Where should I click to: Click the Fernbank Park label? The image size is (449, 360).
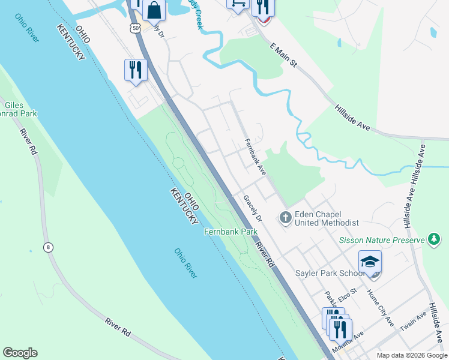tap(231, 232)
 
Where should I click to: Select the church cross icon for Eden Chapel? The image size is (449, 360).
tap(286, 217)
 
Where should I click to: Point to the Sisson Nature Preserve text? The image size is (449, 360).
tap(381, 240)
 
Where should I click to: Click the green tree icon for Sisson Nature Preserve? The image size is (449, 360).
tap(433, 239)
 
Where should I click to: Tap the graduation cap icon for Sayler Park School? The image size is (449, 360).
tap(370, 262)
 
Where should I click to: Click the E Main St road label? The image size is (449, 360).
tap(284, 55)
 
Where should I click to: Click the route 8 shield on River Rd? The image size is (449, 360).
tap(48, 247)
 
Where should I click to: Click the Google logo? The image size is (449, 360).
tap(20, 353)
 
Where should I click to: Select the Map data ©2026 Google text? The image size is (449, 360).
tap(412, 355)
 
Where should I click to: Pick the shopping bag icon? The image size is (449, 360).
tap(154, 10)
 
